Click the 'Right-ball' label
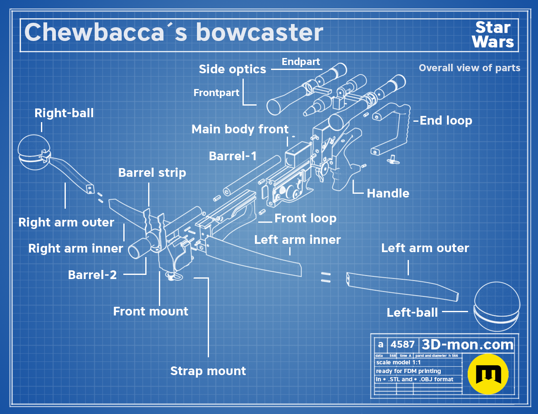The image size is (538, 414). pos(64,113)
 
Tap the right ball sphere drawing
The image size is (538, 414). pos(34,152)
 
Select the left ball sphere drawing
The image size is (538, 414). pos(497,306)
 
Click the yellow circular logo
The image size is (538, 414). pos(488,374)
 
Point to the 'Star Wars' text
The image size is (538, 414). pos(493,34)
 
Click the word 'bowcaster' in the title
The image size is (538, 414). pos(259,32)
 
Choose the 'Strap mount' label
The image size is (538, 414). pos(208,371)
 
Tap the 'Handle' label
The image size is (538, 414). pos(388,193)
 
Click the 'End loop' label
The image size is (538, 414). pos(446,120)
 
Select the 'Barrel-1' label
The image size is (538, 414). pos(233,156)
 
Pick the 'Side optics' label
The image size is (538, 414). pos(233,69)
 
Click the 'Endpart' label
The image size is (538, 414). pos(301,62)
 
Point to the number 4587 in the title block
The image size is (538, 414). pos(403,344)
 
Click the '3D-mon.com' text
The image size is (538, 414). pos(468,344)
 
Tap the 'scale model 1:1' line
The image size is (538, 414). pos(399,363)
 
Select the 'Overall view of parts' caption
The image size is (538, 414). pos(469,68)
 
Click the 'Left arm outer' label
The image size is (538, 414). pos(425,248)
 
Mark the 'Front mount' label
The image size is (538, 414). pos(151,311)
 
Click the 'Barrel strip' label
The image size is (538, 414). pos(152,173)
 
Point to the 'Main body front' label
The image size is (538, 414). pos(240,129)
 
